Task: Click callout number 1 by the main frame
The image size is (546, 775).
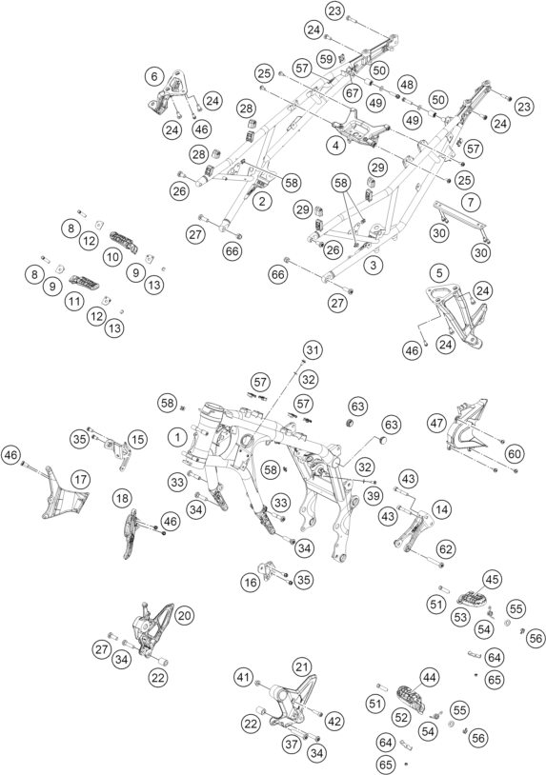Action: point(177,437)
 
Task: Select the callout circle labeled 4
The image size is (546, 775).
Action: point(335,146)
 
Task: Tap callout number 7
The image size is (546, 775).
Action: point(471,202)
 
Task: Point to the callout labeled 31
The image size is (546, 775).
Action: point(313,350)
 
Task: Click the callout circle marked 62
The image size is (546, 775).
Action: point(446,549)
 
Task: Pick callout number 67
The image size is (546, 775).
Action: point(353,92)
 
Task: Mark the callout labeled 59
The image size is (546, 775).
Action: point(327,59)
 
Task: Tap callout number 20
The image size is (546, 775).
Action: point(184,615)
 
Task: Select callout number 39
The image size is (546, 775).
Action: point(374,496)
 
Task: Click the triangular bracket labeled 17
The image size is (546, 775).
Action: point(64,494)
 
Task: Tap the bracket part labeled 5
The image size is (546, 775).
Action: point(457,317)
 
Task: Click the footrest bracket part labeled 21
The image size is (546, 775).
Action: point(293,700)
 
